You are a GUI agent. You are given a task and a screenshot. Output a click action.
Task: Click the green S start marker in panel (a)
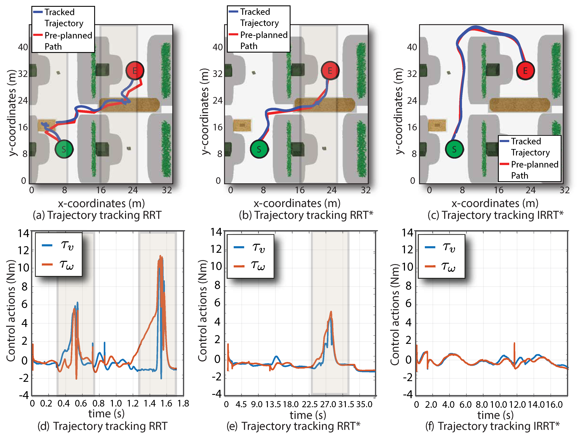(64, 149)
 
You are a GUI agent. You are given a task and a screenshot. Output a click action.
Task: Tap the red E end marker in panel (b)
(330, 71)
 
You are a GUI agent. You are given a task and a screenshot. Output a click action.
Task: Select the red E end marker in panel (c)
(525, 71)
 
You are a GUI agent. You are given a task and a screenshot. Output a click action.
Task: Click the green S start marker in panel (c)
(454, 149)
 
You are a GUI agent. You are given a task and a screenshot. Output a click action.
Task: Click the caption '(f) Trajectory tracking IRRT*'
(492, 426)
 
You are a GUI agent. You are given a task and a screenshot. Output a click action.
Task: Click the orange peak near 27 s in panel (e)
(331, 312)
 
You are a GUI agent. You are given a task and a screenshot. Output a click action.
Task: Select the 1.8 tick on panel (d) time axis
(183, 404)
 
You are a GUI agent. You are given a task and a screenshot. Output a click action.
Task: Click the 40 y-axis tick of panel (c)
(412, 47)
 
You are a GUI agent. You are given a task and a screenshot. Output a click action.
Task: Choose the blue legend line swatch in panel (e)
(239, 247)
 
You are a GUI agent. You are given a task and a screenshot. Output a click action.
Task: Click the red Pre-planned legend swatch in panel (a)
(38, 35)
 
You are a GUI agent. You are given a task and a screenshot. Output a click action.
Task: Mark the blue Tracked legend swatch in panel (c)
(504, 141)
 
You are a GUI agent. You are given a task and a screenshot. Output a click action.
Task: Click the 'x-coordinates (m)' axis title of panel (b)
(297, 203)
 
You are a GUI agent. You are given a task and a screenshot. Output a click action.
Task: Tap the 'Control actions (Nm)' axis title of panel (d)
(11, 311)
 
